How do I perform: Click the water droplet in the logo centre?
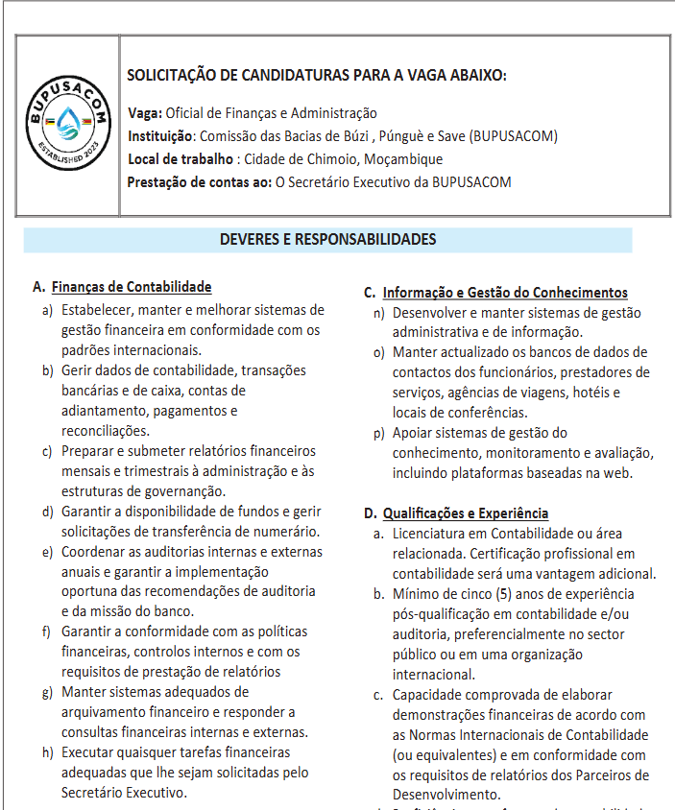[x=65, y=121]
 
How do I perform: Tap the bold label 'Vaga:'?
[x=145, y=113]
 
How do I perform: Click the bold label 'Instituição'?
[x=160, y=136]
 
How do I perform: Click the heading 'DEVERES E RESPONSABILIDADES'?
[x=327, y=240]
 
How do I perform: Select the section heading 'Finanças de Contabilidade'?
[x=132, y=287]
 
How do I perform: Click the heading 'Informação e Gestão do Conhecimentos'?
[x=505, y=293]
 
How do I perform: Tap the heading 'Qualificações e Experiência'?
[x=466, y=513]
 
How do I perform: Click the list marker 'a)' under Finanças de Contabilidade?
[x=47, y=310]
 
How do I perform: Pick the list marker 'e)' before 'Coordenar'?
[x=47, y=552]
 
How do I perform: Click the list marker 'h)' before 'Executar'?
[x=47, y=752]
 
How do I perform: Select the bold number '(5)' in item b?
[x=499, y=594]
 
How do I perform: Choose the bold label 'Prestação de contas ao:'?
[x=200, y=182]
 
